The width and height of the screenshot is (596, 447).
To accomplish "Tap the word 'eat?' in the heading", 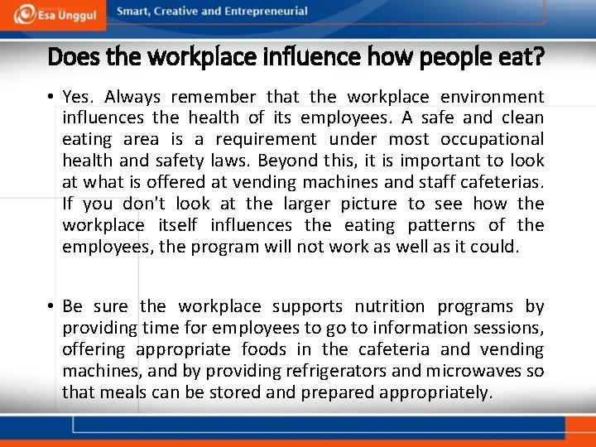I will click(x=520, y=57).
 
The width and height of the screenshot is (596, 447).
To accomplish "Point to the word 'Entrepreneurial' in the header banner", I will click(x=264, y=12).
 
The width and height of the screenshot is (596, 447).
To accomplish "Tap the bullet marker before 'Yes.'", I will click(x=50, y=98).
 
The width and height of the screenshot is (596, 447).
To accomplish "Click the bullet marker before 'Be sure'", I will click(x=50, y=307).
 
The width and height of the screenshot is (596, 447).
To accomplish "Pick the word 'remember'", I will click(x=211, y=97).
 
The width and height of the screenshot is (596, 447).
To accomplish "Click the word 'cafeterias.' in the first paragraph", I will click(x=502, y=183).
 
